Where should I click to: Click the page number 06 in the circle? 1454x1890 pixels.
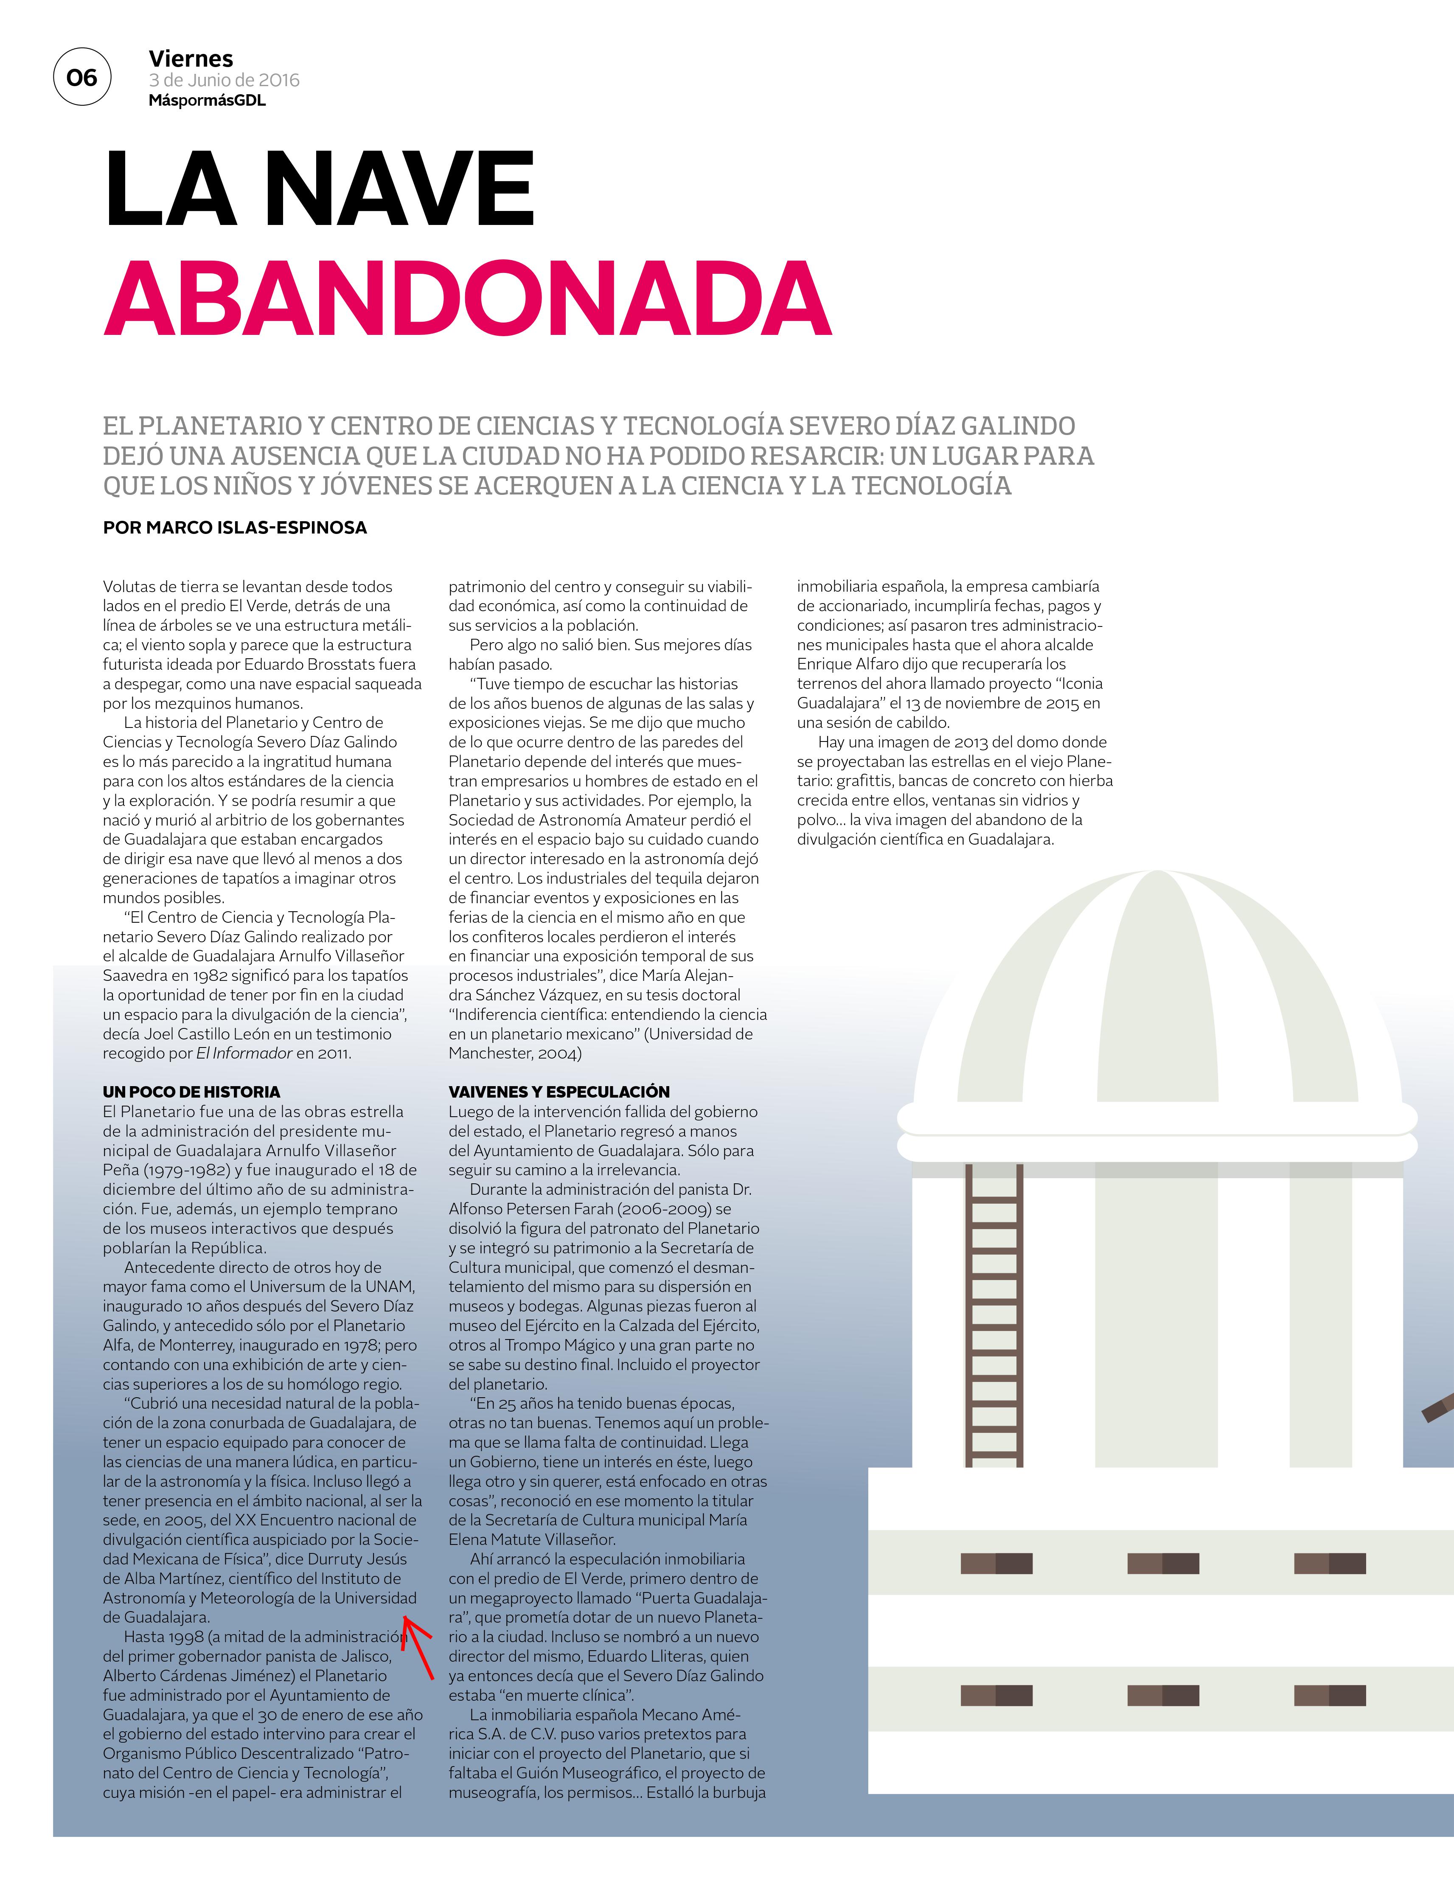click(82, 78)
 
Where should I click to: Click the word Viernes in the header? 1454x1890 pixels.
click(191, 59)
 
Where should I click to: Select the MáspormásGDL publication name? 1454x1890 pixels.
click(207, 101)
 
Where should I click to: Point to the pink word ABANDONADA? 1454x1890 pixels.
click(467, 298)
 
